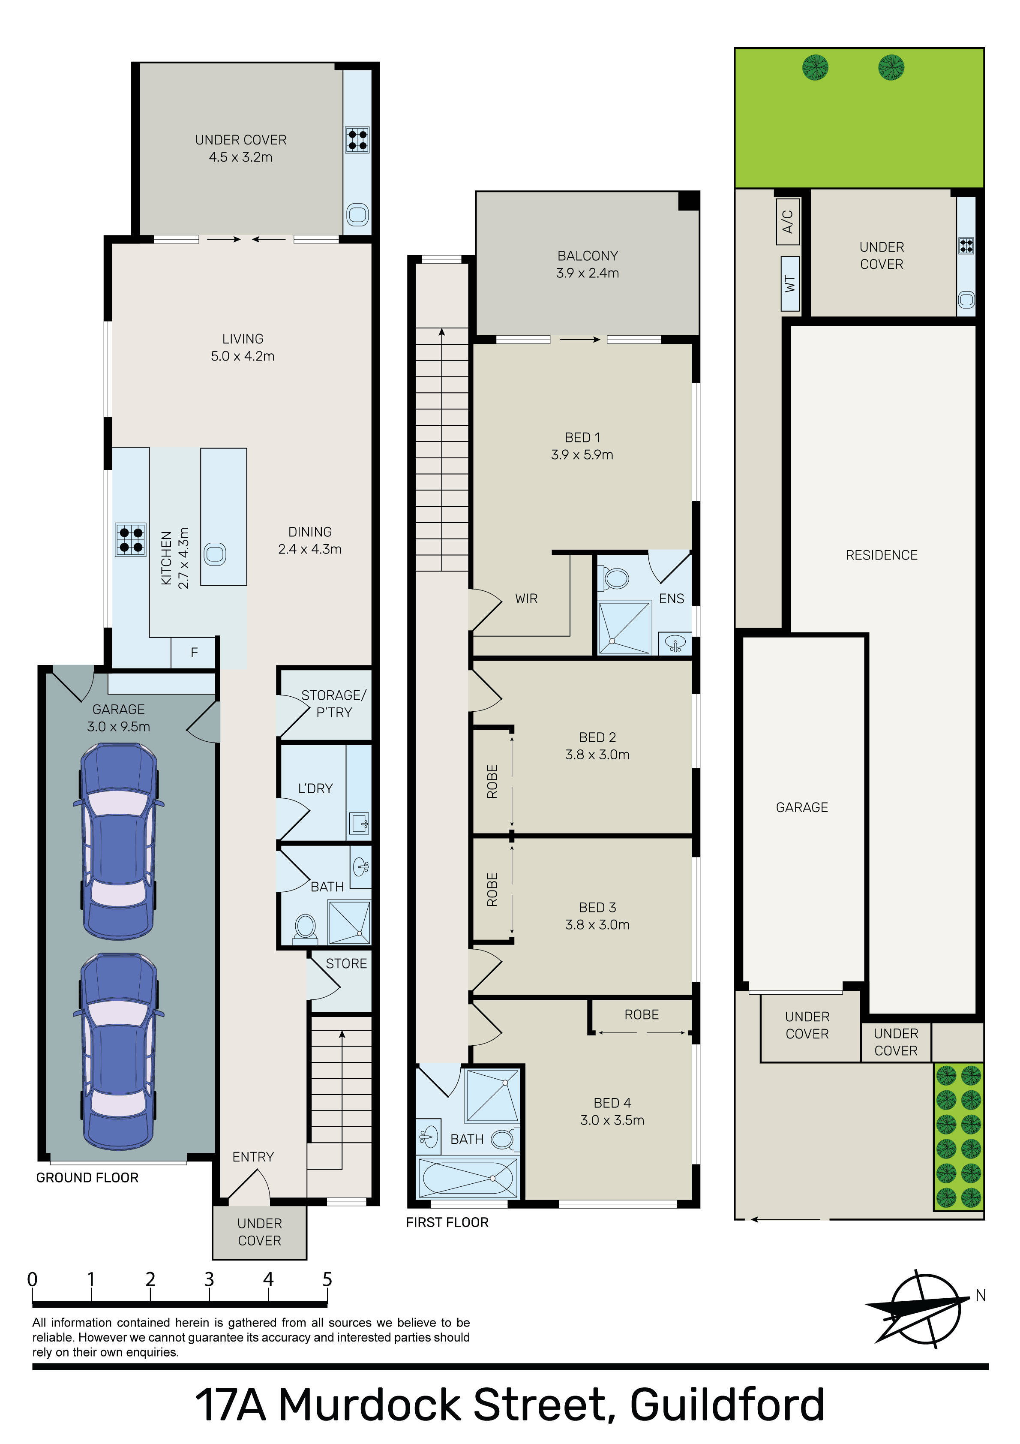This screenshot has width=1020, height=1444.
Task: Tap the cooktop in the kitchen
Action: tap(131, 540)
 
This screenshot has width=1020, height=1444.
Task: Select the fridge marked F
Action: tap(194, 653)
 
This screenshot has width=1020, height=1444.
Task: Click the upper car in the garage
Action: tap(119, 842)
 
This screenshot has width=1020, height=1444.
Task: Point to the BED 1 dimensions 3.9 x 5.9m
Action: tap(582, 455)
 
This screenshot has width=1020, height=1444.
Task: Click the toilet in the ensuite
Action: tap(615, 578)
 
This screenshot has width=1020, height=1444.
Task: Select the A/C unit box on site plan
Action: tap(788, 221)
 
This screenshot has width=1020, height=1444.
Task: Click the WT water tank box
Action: tap(790, 284)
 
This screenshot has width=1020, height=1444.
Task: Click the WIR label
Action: tap(526, 599)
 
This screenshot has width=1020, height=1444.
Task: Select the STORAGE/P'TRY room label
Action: tap(334, 704)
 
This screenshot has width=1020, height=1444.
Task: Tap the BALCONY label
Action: tap(587, 256)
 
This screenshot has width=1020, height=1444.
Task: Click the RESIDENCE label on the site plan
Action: tap(882, 555)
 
